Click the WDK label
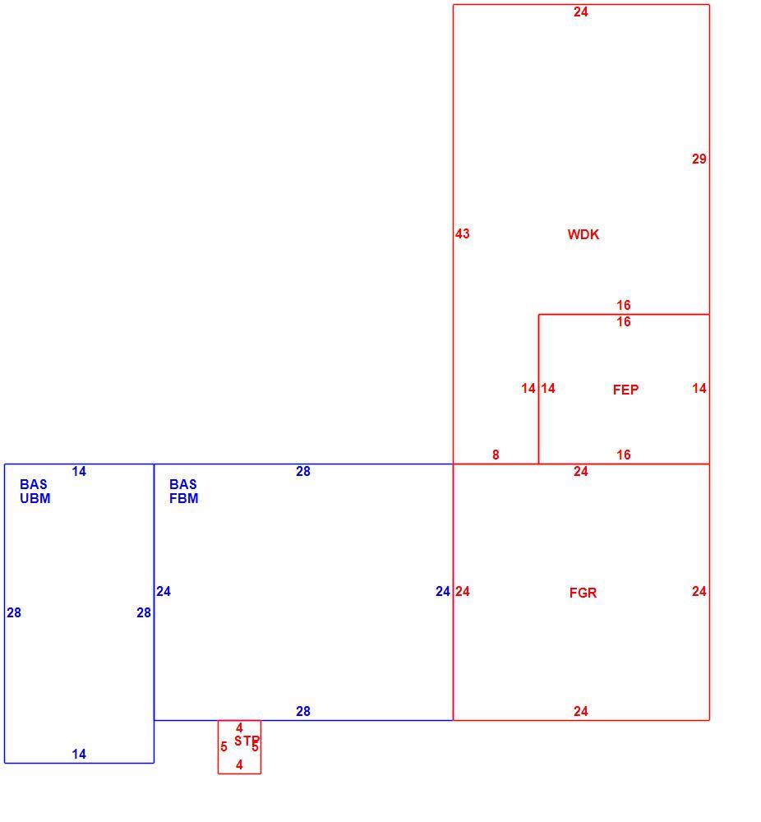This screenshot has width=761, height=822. [583, 234]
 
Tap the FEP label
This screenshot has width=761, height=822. [625, 390]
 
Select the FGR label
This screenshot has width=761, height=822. [583, 593]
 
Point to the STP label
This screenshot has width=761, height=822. [247, 741]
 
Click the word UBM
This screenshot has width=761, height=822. [35, 499]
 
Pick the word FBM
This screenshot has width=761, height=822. [183, 499]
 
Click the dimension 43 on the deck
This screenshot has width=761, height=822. [462, 233]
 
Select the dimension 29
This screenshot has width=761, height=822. [699, 159]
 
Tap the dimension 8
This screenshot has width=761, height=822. [496, 455]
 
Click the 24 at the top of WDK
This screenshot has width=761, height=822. [581, 12]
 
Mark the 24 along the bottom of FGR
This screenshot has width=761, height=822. [581, 711]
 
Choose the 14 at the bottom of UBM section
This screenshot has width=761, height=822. [79, 755]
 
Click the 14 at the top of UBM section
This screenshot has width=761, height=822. [79, 472]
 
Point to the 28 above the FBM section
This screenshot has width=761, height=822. [303, 472]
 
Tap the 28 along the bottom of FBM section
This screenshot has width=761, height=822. [303, 711]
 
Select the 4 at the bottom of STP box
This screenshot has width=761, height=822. [239, 764]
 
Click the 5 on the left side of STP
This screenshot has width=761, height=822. [224, 747]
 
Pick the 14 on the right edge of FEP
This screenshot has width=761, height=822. [699, 389]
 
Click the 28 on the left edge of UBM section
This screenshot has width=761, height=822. [14, 613]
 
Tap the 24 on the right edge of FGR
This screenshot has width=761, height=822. [699, 592]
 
